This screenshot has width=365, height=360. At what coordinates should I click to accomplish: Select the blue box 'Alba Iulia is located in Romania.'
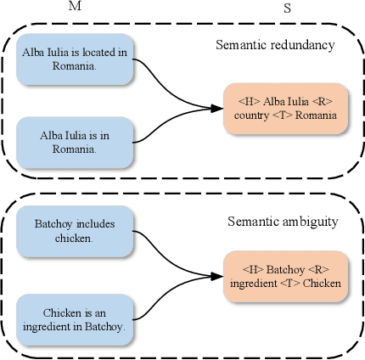point(75,59)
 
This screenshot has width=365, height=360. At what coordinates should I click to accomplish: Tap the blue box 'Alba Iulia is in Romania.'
point(75,141)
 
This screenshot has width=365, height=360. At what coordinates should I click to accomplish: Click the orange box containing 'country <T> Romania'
point(287,108)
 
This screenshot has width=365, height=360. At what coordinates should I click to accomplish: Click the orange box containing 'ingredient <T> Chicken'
point(287,277)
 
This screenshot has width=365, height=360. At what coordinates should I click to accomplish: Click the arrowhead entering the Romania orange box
point(218,108)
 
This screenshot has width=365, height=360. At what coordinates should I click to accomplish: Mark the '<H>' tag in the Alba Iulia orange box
point(246,101)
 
